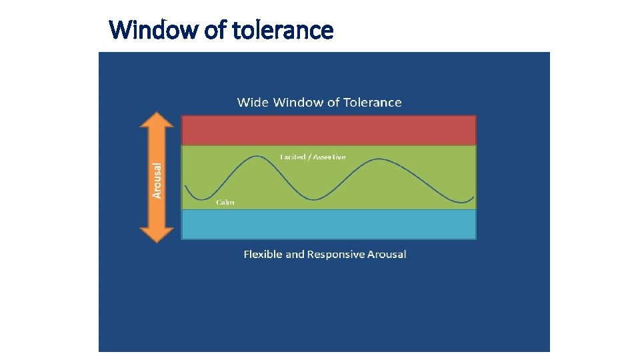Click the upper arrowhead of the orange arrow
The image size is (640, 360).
pyautogui.click(x=157, y=121)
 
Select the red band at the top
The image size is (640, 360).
pyautogui.click(x=328, y=130)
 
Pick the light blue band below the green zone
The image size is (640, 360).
pyautogui.click(x=328, y=225)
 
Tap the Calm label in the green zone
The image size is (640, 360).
pyautogui.click(x=225, y=202)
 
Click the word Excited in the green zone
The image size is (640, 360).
pyautogui.click(x=293, y=157)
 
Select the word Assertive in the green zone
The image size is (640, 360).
pyautogui.click(x=330, y=157)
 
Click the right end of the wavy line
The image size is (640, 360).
pyautogui.click(x=473, y=197)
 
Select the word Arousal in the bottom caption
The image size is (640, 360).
pyautogui.click(x=387, y=254)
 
